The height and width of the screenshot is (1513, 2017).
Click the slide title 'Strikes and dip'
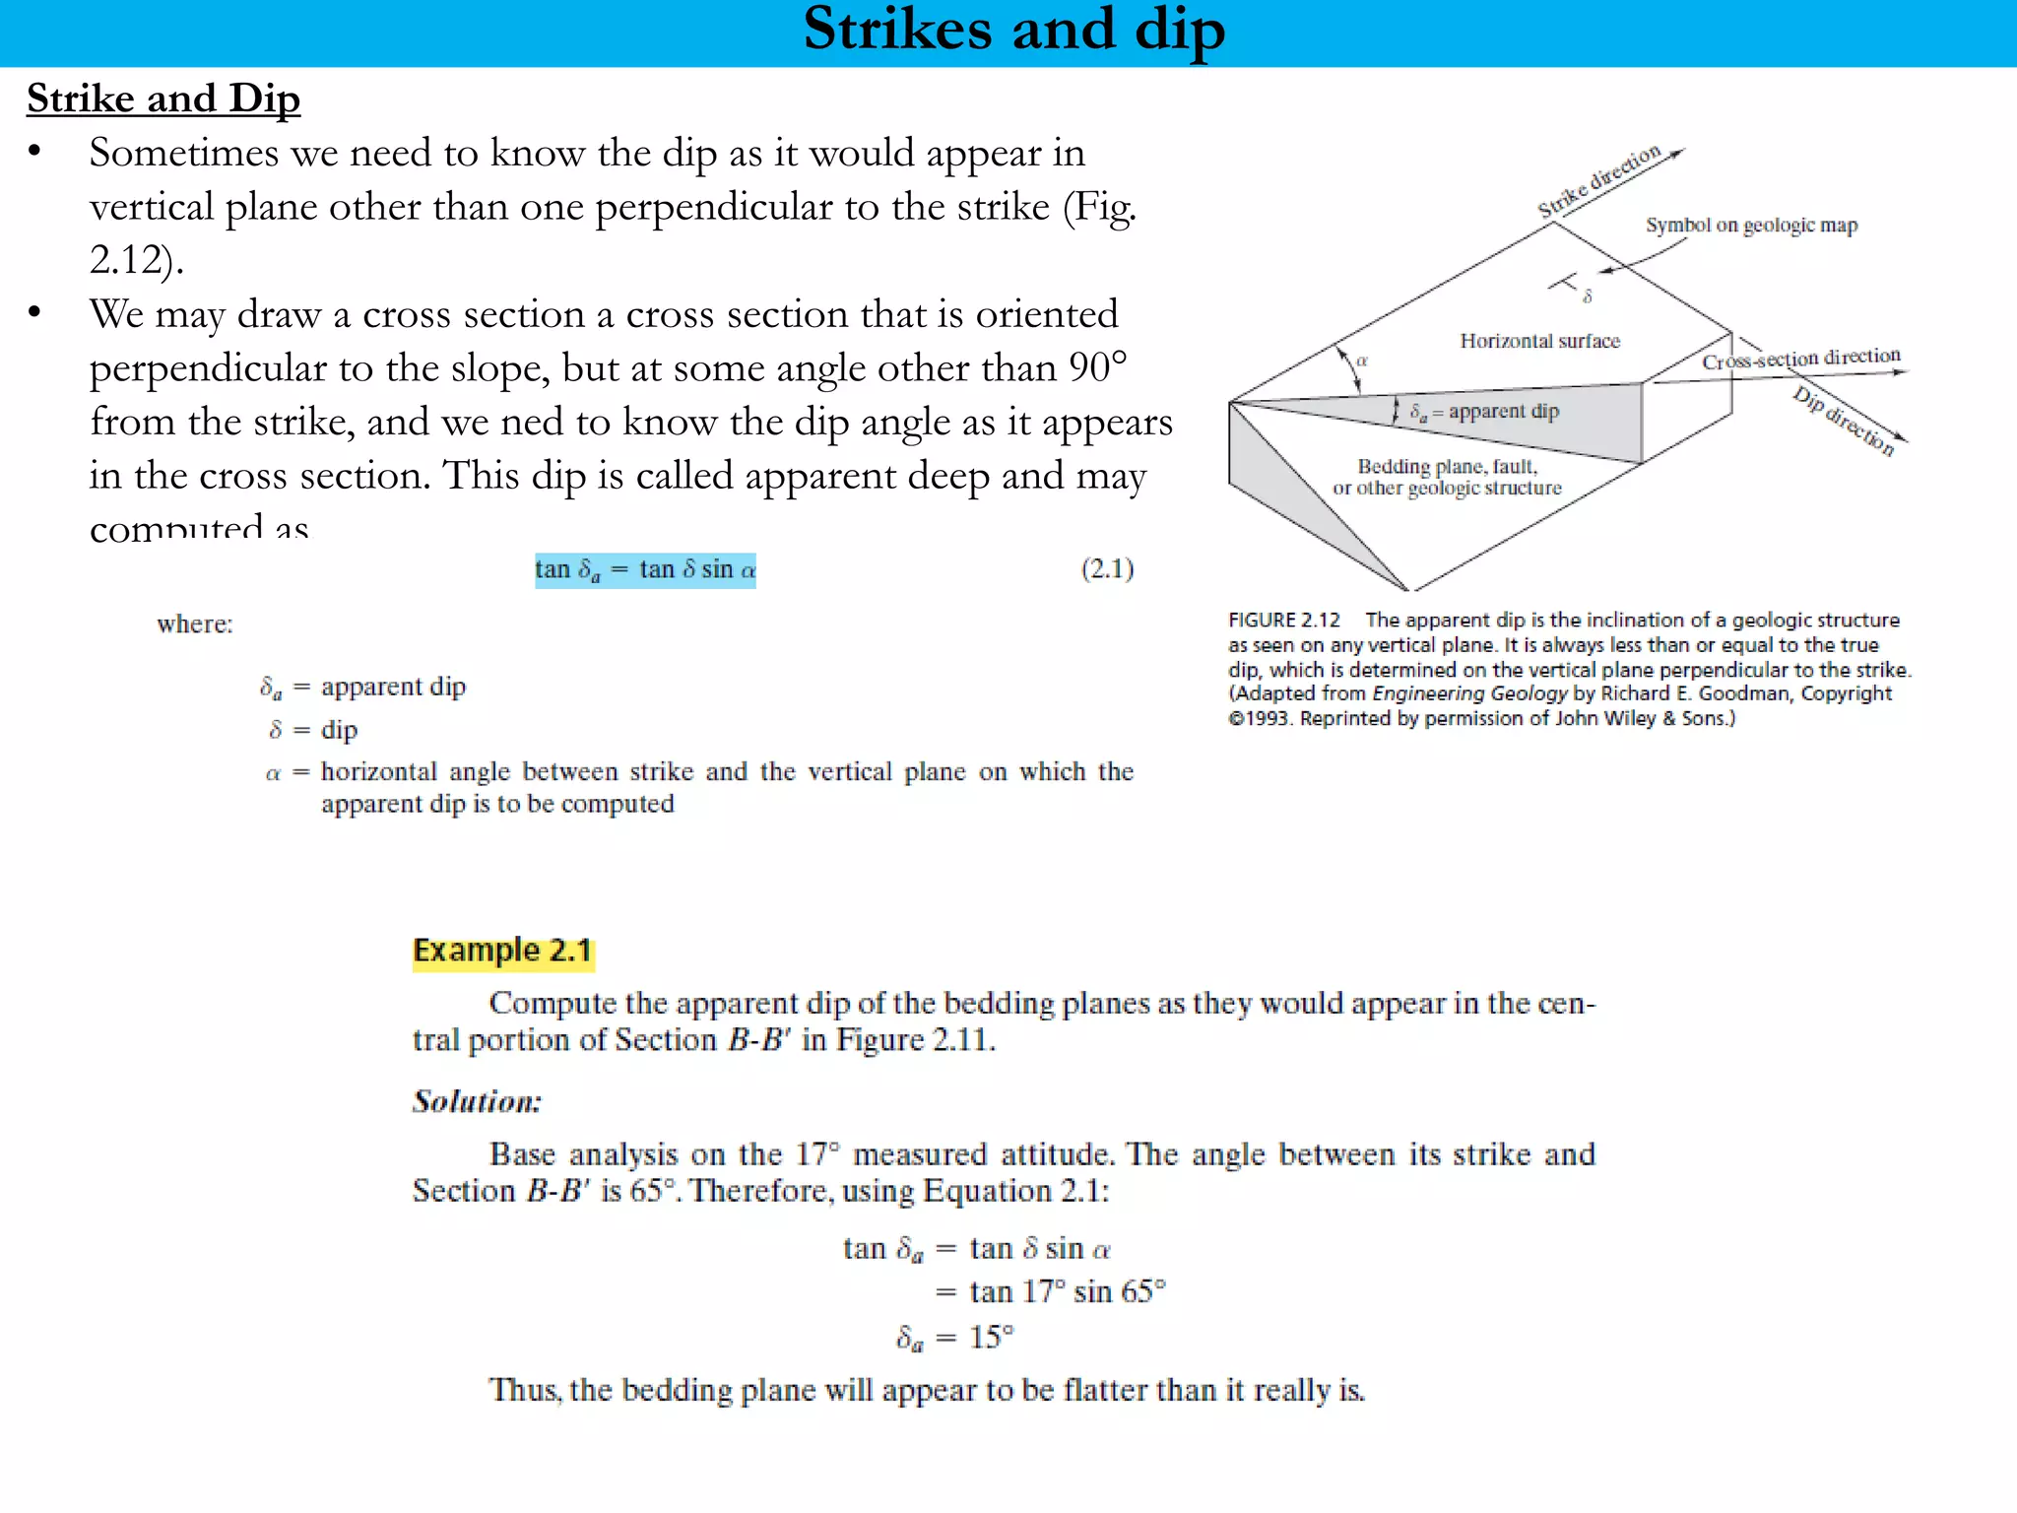click(x=1013, y=30)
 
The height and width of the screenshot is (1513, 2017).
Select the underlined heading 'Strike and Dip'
click(x=163, y=99)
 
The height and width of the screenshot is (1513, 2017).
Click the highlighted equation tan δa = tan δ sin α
click(x=645, y=570)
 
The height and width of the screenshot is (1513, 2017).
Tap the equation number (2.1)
click(x=1107, y=568)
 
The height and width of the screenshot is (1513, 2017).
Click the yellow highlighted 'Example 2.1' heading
click(x=502, y=951)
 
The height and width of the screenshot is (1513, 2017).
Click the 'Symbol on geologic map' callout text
click(x=1751, y=226)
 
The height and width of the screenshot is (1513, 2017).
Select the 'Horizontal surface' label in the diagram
click(x=1539, y=341)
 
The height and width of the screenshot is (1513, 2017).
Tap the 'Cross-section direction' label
click(x=1800, y=359)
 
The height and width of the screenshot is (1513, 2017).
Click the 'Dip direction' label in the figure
click(x=1843, y=422)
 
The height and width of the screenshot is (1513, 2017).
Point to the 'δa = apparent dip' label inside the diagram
click(x=1484, y=411)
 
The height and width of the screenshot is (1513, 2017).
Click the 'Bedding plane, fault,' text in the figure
click(x=1447, y=466)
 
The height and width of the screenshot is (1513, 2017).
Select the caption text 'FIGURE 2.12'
click(x=1283, y=620)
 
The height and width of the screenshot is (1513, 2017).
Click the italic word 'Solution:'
click(x=477, y=1101)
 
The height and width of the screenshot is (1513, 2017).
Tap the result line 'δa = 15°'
click(x=954, y=1338)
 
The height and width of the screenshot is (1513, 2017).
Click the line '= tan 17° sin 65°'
click(x=1050, y=1291)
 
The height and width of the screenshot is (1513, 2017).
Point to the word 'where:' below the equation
click(x=195, y=625)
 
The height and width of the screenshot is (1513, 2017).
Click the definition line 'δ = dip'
click(x=313, y=730)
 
